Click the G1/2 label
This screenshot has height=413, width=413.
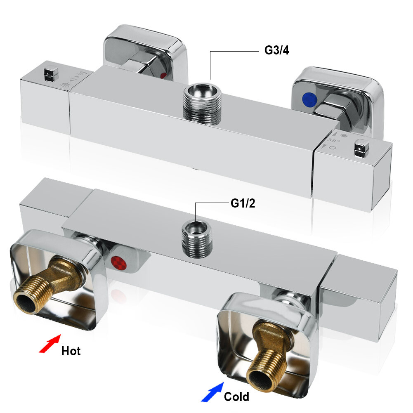[242, 203]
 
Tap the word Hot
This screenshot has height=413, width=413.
[71, 351]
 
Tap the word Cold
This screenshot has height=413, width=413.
[236, 397]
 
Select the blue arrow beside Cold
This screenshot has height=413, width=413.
[211, 392]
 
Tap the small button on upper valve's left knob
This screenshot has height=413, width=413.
[50, 72]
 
